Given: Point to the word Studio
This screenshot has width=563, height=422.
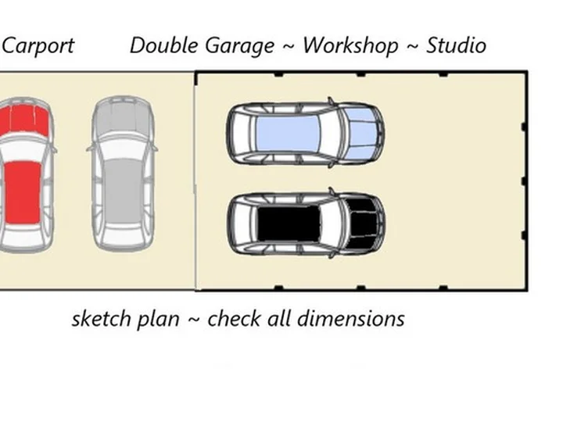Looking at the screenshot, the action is [x=457, y=45].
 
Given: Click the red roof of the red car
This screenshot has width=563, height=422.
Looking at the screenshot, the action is [x=23, y=192].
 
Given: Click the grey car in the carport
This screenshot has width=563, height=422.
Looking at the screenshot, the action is [x=123, y=173].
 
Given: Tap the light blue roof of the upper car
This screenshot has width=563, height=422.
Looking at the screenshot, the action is [x=288, y=133].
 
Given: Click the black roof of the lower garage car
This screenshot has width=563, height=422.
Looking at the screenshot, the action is [x=289, y=224].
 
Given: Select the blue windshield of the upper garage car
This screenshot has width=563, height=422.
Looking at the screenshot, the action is [x=361, y=134].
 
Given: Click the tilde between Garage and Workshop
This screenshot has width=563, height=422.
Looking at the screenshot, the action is [x=289, y=47].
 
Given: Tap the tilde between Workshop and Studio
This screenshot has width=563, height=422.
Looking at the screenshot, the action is [x=412, y=47].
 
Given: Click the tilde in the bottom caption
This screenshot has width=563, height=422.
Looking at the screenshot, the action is [x=194, y=319].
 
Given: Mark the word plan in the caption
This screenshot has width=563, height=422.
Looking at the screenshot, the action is [x=158, y=320].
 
